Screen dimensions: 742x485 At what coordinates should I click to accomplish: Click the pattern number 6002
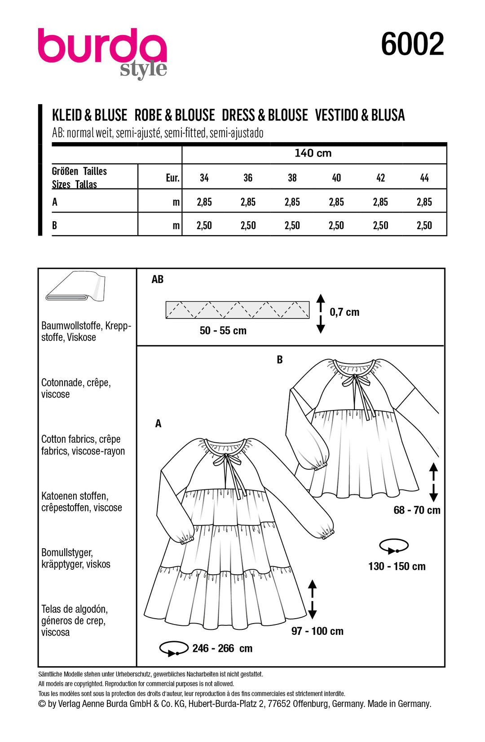pos(412,44)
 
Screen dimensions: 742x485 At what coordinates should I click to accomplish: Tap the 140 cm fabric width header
pos(313,153)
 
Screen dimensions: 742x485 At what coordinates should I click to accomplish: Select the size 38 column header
pos(292,178)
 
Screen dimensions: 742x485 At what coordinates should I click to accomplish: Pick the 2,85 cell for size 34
pos(204,202)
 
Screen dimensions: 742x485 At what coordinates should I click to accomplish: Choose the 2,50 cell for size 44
pos(424,226)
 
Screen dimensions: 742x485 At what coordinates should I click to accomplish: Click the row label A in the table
pos(55,202)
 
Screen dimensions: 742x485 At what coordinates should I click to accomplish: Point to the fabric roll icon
pos(75,287)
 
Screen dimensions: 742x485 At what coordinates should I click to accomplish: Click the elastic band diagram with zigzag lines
pos(237,310)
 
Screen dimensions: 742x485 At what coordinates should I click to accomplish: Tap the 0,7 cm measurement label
pos(344,312)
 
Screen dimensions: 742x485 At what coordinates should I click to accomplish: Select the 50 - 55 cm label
pos(223,331)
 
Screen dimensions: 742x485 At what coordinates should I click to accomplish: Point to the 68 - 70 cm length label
pos(417,510)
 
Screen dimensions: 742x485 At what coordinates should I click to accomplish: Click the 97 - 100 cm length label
pos(317,631)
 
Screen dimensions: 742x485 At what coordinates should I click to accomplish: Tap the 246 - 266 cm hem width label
pos(222,648)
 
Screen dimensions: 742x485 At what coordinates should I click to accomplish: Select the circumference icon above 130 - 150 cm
pos(394,546)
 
